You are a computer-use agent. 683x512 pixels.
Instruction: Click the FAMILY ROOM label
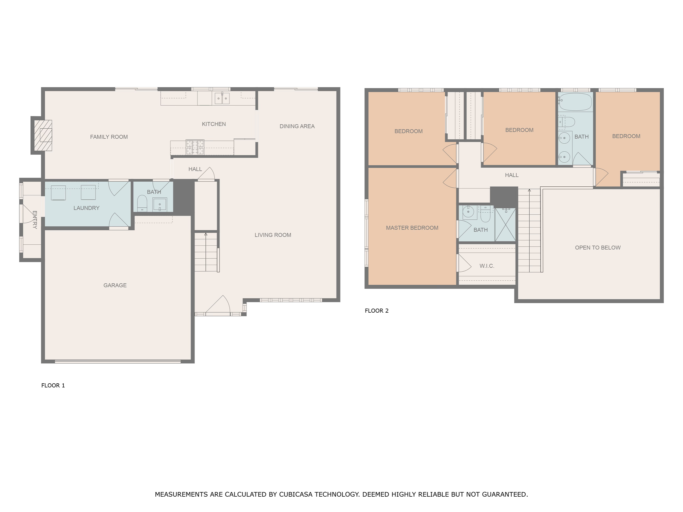(x=109, y=137)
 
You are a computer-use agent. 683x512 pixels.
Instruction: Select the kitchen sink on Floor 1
(x=222, y=98)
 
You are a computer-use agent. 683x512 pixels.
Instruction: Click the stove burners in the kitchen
(x=195, y=147)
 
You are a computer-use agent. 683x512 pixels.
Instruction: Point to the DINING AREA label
(x=297, y=126)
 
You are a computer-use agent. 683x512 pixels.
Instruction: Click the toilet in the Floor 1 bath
(x=142, y=203)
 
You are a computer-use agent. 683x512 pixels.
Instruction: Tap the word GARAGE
(x=115, y=285)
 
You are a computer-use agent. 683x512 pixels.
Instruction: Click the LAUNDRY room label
(x=86, y=208)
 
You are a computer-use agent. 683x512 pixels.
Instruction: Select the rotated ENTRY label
(x=35, y=220)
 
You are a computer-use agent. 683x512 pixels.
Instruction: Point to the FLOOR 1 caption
(x=53, y=385)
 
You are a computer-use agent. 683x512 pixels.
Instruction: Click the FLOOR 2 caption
(x=377, y=311)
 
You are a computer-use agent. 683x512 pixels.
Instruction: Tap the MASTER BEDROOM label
(x=412, y=228)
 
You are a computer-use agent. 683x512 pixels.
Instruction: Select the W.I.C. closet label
(x=487, y=266)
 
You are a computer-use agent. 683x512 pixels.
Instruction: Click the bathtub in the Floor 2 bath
(x=575, y=102)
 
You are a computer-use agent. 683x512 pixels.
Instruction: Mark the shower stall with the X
(x=505, y=224)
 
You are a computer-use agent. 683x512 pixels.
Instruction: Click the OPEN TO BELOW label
(x=598, y=247)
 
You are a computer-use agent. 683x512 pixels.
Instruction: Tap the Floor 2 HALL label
(x=512, y=175)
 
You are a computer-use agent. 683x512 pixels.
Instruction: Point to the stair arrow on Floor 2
(x=529, y=191)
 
